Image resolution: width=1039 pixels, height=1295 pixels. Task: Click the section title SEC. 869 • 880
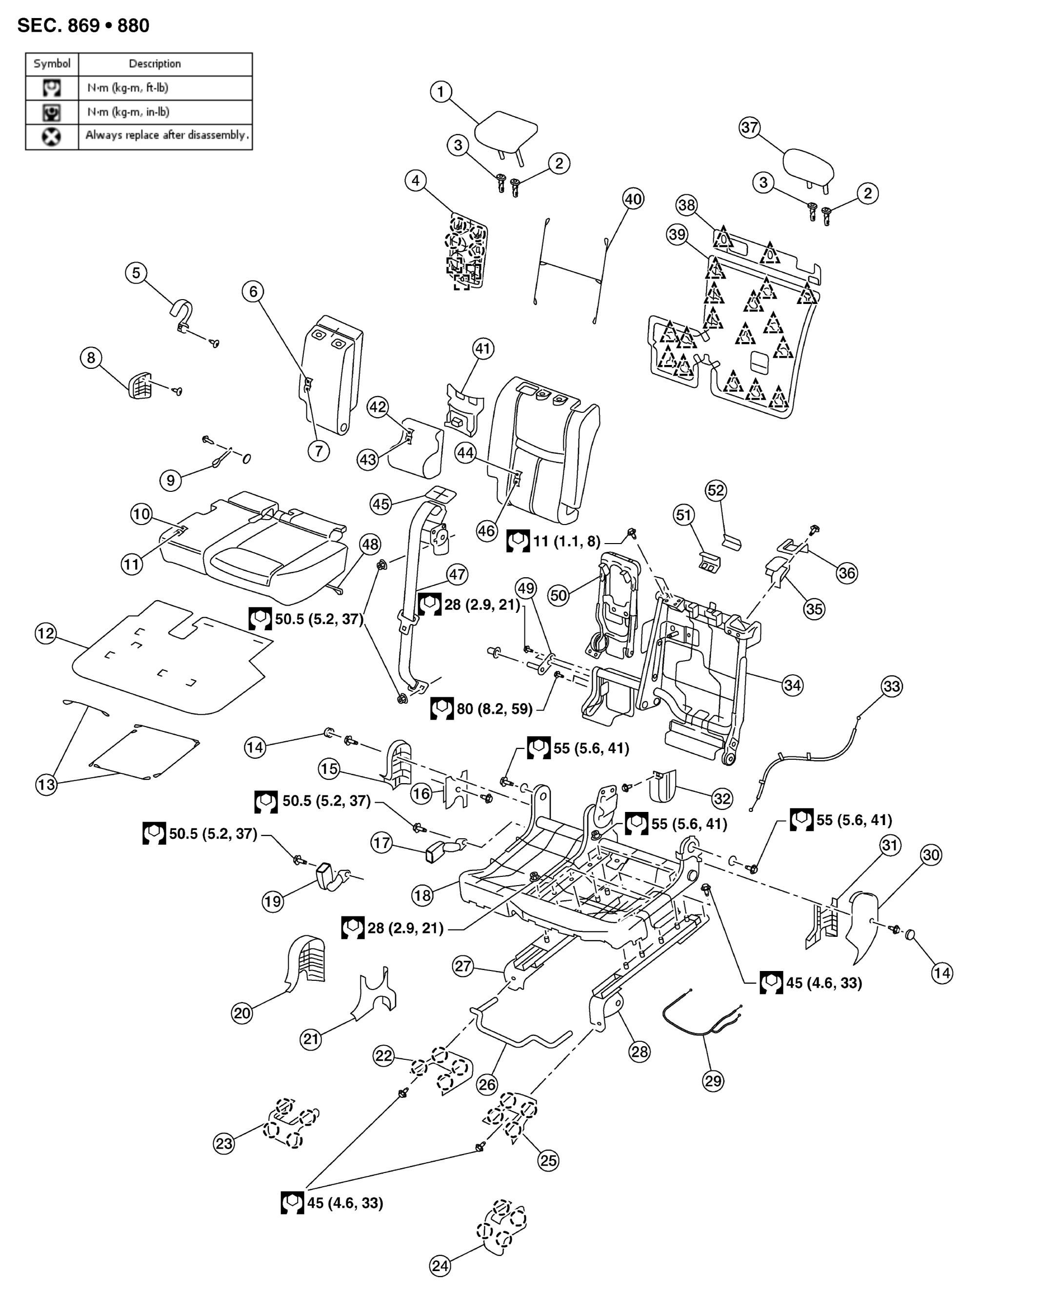[x=83, y=26]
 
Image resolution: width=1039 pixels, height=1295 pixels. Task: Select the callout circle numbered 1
[x=441, y=92]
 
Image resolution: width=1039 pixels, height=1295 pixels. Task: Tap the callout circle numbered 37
[x=750, y=127]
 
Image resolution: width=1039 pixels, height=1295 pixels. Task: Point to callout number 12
[x=46, y=633]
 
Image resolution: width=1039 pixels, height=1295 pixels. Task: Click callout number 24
[x=440, y=1266]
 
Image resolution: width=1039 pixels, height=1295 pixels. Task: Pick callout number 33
[x=892, y=686]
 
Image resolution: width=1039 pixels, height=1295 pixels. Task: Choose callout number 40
[x=633, y=199]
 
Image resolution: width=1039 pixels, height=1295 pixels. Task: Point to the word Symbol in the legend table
[x=52, y=63]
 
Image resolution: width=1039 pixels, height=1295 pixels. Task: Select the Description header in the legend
[x=155, y=63]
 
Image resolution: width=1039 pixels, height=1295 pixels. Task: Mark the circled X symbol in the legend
[x=52, y=137]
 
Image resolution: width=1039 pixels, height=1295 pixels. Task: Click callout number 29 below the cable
[x=713, y=1081]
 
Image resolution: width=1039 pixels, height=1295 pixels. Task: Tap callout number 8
[x=91, y=358]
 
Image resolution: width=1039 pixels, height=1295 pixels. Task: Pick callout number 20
[x=242, y=1013]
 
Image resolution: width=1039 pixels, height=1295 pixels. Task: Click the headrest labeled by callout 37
[x=808, y=170]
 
